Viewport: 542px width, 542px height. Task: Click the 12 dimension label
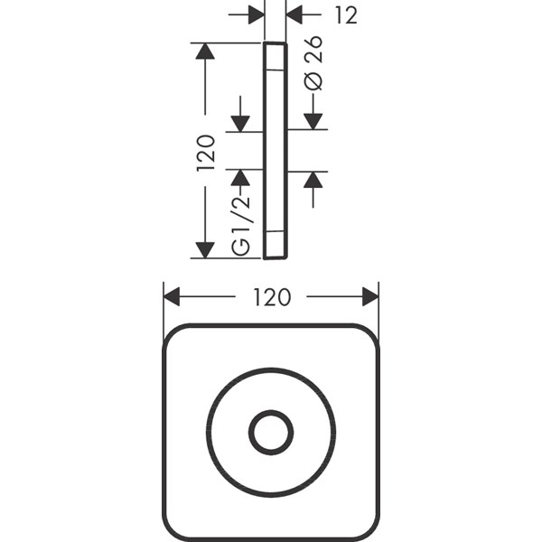pos(346,15)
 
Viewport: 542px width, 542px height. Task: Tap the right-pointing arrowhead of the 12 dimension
pos(257,14)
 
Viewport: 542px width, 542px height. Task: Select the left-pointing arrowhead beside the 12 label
pos(294,14)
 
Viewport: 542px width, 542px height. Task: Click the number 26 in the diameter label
pos(313,49)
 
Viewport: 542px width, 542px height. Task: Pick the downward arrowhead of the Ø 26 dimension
pos(313,121)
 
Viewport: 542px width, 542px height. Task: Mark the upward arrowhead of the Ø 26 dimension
pos(313,180)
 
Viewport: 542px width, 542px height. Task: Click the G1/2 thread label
pos(240,226)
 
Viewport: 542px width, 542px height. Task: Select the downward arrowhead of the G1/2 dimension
pos(240,124)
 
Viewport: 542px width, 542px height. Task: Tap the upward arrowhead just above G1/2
pos(240,178)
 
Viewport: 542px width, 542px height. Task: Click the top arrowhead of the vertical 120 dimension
pos(205,51)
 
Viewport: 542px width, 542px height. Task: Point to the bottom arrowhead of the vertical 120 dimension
pos(205,250)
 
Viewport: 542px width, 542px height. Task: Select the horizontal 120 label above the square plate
pos(272,297)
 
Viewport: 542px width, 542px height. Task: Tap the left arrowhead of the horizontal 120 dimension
pos(172,296)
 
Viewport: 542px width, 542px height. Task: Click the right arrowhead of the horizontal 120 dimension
pos(370,296)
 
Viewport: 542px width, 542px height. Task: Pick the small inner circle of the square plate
pos(271,433)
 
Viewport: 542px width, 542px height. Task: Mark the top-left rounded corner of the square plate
pos(173,334)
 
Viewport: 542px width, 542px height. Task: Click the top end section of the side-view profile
pos(276,57)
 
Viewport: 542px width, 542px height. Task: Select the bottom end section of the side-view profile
pos(276,245)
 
